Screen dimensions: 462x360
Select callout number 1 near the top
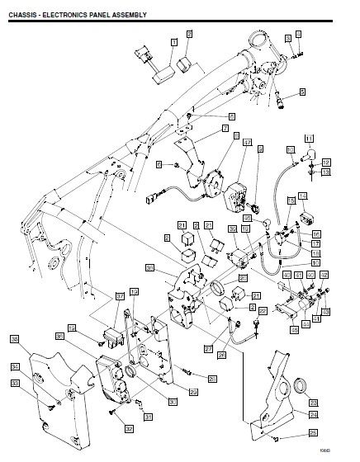(x=174, y=40)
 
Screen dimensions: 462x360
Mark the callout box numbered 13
(x=325, y=172)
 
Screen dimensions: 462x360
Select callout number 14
(x=303, y=196)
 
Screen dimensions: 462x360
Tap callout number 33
(x=15, y=383)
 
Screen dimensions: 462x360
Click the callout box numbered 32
(x=130, y=428)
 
